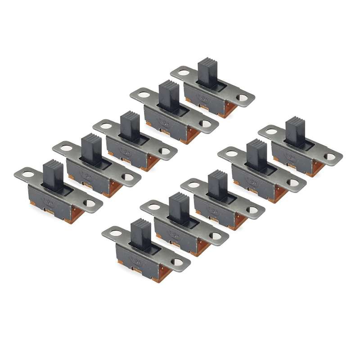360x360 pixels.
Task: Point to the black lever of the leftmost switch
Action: [x=53, y=175]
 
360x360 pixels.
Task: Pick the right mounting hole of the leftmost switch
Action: [x=90, y=203]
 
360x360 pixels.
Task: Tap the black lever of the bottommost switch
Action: [x=141, y=233]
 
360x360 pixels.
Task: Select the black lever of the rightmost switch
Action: [x=295, y=131]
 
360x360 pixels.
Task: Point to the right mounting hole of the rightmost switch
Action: [x=330, y=157]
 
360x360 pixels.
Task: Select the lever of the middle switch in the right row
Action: [x=217, y=184]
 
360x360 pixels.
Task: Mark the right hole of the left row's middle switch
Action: [x=165, y=152]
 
